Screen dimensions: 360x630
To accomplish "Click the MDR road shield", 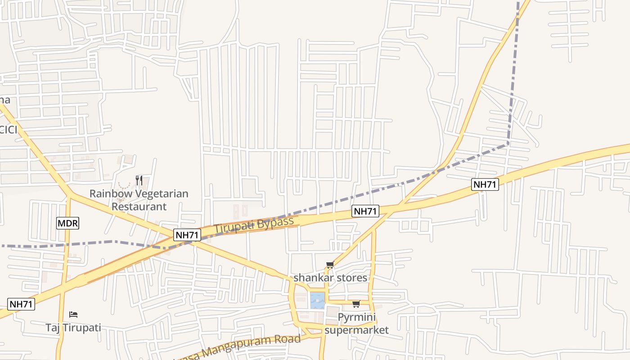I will [x=68, y=223].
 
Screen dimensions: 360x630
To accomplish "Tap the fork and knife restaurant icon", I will [x=139, y=180].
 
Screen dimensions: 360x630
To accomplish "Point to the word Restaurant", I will [x=139, y=207].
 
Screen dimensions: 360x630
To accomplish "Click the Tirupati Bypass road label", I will [x=254, y=225].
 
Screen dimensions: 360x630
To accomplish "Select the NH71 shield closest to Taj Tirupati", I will [x=21, y=304].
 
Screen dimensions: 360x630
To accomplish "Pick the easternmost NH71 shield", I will [x=485, y=184].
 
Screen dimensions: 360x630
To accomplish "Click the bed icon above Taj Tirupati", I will [x=73, y=314].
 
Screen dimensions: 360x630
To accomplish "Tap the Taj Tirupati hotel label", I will [x=73, y=327].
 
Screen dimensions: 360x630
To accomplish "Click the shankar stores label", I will [x=330, y=278].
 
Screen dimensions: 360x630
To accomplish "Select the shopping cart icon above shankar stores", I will [x=330, y=265].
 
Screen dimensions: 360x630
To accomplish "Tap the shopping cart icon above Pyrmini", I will [x=356, y=304].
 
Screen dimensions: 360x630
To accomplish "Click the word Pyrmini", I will [x=356, y=318].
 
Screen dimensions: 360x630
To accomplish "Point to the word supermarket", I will [x=356, y=330].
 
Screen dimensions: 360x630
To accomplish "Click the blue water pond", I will [x=317, y=300].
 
